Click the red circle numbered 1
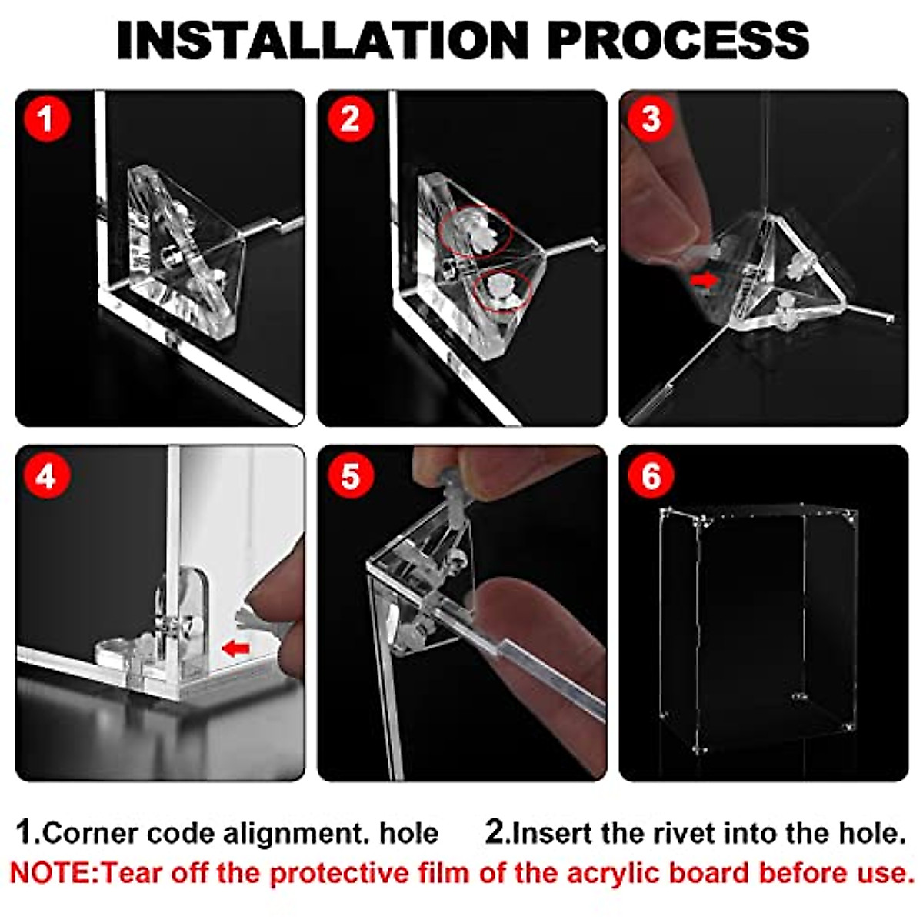(46, 118)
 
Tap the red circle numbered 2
(350, 118)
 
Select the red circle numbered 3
(651, 118)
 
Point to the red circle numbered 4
(46, 476)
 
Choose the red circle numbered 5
(350, 476)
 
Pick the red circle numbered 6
(651, 476)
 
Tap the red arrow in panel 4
(235, 649)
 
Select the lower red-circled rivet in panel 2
(502, 292)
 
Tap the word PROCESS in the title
(678, 40)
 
